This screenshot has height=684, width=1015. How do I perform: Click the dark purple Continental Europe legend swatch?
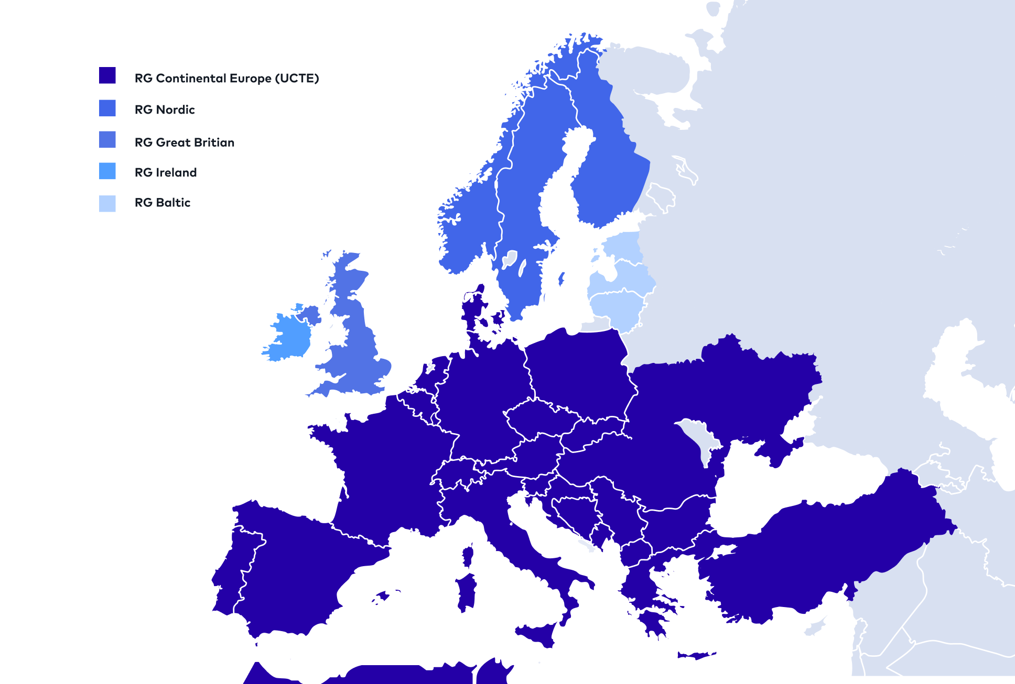coord(107,75)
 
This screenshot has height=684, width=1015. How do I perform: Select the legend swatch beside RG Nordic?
coord(107,108)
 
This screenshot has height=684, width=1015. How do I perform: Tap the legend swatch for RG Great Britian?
coord(107,139)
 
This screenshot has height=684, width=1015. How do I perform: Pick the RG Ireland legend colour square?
coord(107,171)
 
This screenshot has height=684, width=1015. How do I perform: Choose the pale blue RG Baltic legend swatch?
coord(107,203)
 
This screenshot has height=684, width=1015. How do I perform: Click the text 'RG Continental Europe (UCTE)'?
coord(226,79)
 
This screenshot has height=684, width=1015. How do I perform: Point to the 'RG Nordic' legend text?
coord(165,110)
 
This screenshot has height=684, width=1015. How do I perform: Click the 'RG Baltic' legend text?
coord(163,203)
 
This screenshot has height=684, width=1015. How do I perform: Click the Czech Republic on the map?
coord(540,419)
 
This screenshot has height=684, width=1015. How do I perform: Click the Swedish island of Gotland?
coord(562,278)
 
